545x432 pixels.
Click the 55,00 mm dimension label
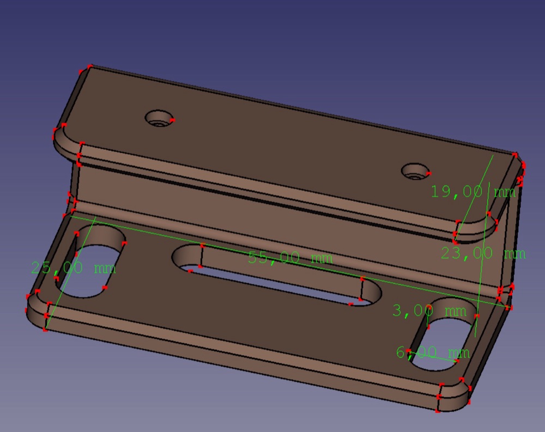click(290, 258)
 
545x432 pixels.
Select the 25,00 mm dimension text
click(74, 268)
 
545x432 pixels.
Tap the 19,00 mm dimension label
click(473, 192)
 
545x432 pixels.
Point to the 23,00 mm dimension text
click(483, 253)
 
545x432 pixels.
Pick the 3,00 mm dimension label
click(429, 311)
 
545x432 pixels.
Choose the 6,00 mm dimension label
click(433, 352)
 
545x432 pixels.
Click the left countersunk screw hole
click(160, 119)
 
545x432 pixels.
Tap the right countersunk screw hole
click(416, 172)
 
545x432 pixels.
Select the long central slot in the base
click(277, 275)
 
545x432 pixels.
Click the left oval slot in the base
click(90, 261)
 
